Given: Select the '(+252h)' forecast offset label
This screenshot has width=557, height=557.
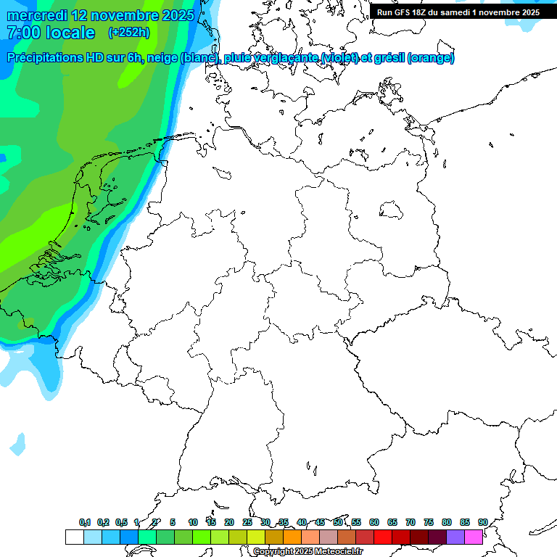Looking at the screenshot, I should pos(129,33).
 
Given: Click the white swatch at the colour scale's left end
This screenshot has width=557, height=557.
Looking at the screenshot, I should pos(74,537).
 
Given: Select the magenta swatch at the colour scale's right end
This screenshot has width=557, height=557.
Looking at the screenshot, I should pos(474,537).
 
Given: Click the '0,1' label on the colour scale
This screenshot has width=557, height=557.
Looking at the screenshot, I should pos(85,523).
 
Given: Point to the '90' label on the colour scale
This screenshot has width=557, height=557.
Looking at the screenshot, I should pos(482,523).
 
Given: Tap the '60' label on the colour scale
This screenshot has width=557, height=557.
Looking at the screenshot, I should pos(374,523).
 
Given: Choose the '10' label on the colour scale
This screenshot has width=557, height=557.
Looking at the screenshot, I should pos(192,523).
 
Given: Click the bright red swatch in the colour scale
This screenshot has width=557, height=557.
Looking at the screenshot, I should pos(382,537).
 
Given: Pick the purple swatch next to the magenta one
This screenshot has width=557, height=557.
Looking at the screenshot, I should pos(455,537).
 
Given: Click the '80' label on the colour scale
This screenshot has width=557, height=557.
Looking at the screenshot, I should pos(446,523).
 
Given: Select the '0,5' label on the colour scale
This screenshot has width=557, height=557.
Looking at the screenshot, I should pos(121,523).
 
